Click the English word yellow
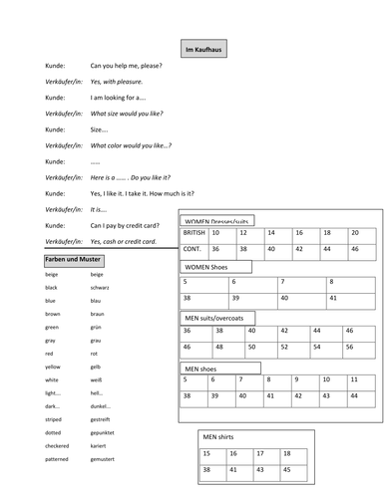coord(53,367)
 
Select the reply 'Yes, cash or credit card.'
coord(122,241)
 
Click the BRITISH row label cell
coord(194,232)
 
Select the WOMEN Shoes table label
coord(214,267)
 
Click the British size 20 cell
coord(355,232)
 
